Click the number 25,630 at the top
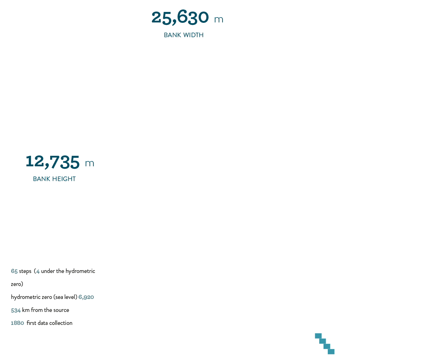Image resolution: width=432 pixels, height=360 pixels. click(180, 18)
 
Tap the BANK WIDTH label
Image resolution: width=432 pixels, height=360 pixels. click(184, 35)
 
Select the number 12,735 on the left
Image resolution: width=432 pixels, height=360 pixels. click(53, 162)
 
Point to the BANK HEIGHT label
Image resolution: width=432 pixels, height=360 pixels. click(54, 179)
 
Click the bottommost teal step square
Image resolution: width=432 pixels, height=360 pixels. click(331, 352)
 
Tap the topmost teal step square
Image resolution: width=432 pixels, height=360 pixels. click(318, 336)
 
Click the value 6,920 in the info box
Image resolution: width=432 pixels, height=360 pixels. click(86, 297)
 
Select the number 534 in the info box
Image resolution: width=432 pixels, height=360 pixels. click(16, 310)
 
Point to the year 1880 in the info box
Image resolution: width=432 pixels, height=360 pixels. click(17, 323)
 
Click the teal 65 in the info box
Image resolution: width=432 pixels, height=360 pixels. click(14, 271)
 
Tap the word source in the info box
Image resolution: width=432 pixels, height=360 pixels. click(61, 310)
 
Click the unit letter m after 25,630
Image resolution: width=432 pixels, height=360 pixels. click(219, 20)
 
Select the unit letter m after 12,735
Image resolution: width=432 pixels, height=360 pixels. click(89, 164)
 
